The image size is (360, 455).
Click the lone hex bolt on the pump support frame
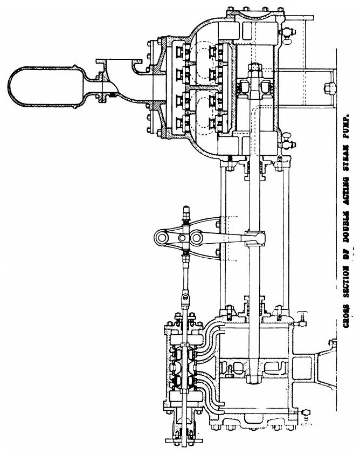pos(327,86)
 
